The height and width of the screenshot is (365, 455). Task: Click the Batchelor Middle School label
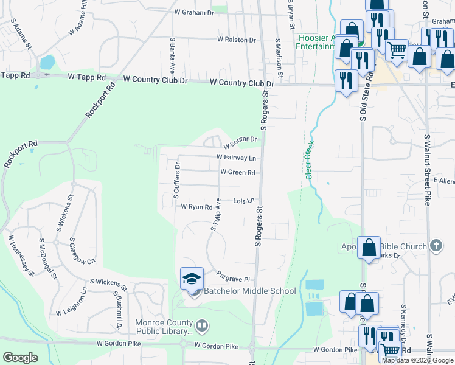tap(249, 291)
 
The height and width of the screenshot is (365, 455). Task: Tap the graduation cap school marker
tap(192, 279)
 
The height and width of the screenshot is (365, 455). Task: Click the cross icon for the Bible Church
tap(435, 246)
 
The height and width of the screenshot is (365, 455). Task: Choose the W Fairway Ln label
tap(237, 158)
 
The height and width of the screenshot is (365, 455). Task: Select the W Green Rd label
tap(237, 172)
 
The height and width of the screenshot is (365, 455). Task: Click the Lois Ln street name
tap(243, 200)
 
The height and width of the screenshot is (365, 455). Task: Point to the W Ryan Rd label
tap(196, 206)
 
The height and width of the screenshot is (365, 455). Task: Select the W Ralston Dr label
tap(237, 40)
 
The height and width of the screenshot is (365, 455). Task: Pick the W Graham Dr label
tap(194, 12)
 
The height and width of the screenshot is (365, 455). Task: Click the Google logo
tap(20, 358)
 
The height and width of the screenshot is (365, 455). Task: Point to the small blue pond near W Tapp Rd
tap(47, 62)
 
